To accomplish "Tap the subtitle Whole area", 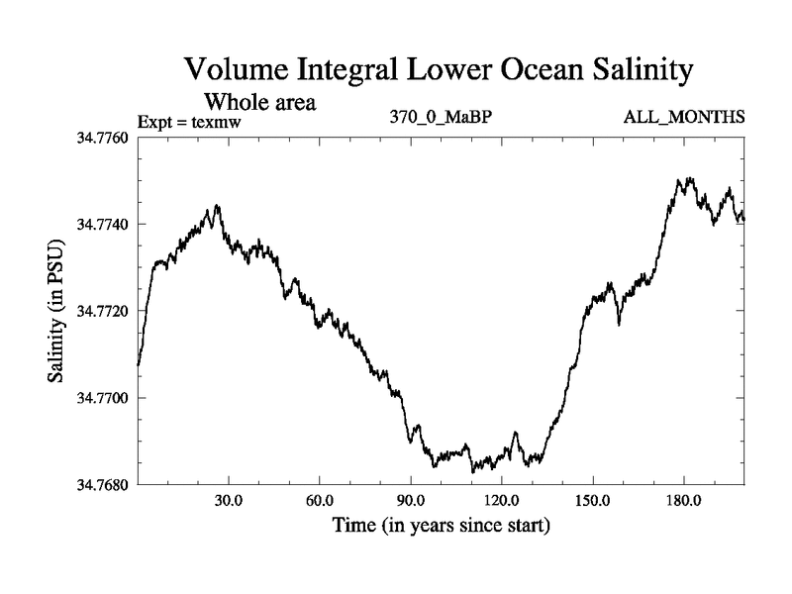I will point(259,101).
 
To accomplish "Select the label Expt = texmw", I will point(190,122).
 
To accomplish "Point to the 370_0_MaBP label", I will point(442,118).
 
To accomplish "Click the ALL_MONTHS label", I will point(683,118).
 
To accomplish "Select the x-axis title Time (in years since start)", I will point(442,525).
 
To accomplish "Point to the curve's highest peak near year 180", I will point(680,179).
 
